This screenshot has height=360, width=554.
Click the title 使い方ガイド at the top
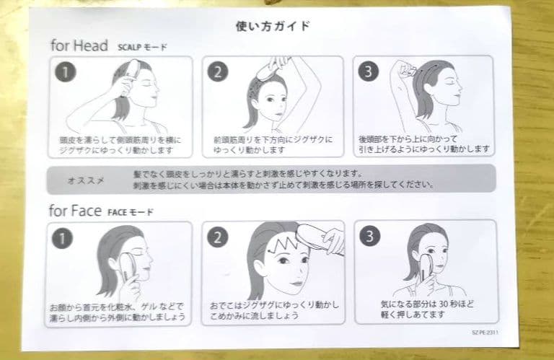273,26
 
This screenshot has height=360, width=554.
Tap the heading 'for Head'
79,45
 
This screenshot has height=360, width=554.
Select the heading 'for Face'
75,211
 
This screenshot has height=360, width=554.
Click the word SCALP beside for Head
129,47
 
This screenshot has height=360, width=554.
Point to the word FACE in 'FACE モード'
117,212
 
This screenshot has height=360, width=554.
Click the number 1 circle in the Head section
66,71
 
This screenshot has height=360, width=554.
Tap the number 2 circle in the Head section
217,71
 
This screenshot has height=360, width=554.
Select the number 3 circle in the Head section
369,71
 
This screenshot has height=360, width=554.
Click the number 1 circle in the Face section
62,238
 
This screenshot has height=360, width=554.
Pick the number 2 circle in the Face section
217,237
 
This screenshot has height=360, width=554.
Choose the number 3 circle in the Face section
369,236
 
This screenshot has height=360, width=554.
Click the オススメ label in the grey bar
86,180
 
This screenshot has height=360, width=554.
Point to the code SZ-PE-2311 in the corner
485,333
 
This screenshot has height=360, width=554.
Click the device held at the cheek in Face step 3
425,265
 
